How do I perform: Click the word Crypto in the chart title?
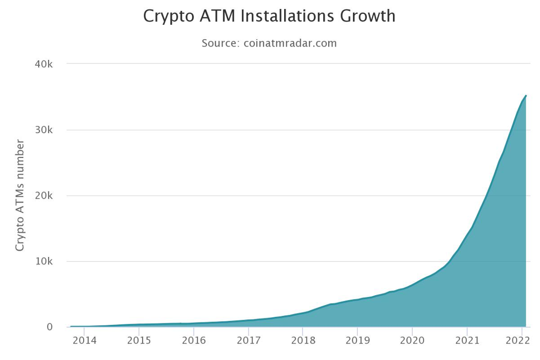(x=166, y=16)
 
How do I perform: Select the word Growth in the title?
(x=367, y=16)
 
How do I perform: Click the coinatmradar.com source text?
(x=290, y=43)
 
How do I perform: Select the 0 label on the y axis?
(x=49, y=327)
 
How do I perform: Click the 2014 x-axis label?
(x=84, y=341)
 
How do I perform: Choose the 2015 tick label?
(x=139, y=341)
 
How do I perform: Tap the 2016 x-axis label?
(x=194, y=341)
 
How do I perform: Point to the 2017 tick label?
(x=248, y=341)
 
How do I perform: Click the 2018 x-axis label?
(x=303, y=341)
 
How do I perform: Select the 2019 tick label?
(x=357, y=341)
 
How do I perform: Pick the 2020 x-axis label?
(x=412, y=341)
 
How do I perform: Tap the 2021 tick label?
(x=467, y=341)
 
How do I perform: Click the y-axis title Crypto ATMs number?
(x=20, y=195)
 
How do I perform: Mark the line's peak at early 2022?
(x=526, y=96)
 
